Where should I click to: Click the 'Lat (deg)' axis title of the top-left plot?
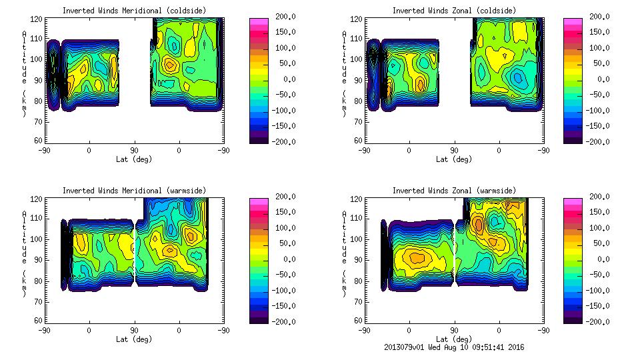pos(134,159)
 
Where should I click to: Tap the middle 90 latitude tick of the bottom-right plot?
pos(455,330)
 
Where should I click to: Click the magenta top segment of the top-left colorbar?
pos(259,21)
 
